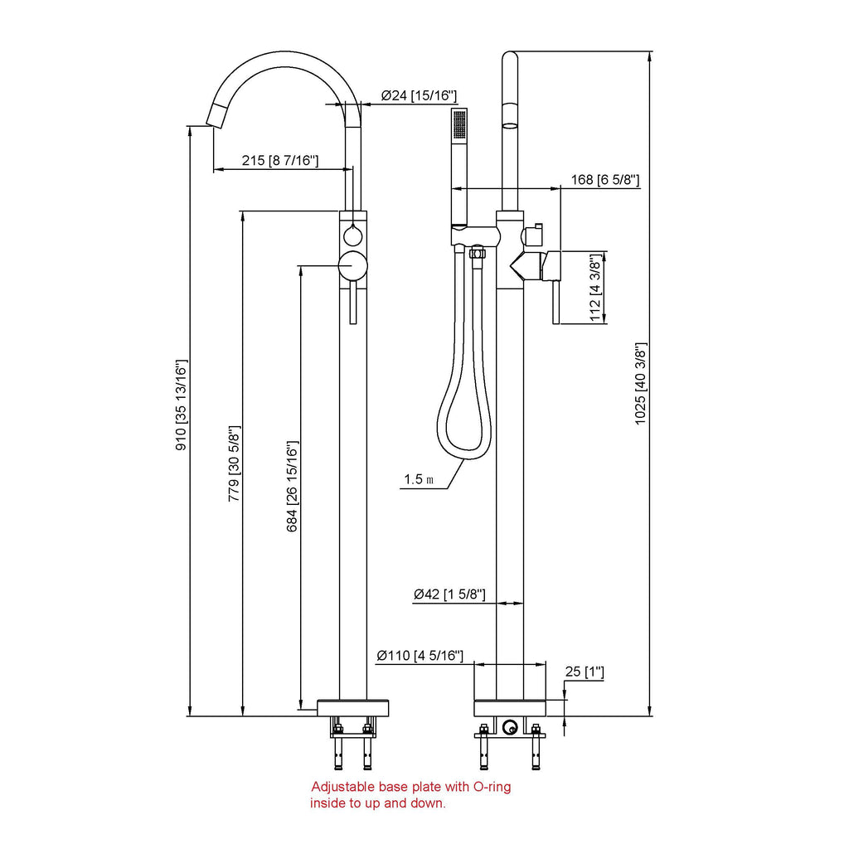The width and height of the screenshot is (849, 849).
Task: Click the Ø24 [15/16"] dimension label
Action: point(419,96)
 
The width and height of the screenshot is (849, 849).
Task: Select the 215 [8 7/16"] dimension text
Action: point(280,161)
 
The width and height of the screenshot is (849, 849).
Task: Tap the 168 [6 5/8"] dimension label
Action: point(605,180)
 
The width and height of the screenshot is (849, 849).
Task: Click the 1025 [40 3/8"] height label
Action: point(641,385)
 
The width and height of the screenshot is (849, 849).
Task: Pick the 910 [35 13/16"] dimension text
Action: point(182,405)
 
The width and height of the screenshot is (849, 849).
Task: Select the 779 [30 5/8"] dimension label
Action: point(235,463)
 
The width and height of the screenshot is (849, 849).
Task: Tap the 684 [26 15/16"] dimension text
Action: point(293,486)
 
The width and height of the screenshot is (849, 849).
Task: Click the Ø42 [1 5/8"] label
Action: point(449,594)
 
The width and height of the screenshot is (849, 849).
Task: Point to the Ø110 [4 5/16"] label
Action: point(419,656)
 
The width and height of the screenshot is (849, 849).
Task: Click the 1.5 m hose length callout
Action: point(419,479)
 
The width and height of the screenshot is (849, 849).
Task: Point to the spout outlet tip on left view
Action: point(216,122)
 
